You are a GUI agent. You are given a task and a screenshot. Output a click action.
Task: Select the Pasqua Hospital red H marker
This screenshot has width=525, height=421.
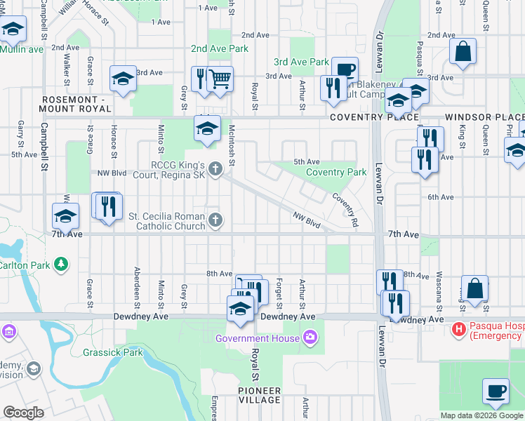pos(459,328)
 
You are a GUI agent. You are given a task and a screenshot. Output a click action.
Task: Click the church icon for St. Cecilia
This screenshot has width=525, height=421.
pos(215,221)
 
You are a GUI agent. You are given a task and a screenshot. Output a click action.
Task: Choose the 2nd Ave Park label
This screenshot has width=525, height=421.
pos(220,49)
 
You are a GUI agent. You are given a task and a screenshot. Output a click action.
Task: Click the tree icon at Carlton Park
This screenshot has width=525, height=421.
pos(62,264)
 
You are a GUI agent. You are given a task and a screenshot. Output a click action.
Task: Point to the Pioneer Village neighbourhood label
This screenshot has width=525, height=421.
pos(258,395)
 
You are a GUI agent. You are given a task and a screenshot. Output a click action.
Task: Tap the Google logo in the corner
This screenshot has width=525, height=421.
pos(23,413)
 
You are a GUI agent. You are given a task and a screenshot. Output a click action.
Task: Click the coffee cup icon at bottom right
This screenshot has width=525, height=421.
pos(496,390)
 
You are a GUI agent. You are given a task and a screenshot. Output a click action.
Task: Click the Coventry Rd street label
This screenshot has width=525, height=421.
pos(345,208)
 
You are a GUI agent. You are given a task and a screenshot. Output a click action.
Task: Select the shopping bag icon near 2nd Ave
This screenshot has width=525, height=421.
pos(463,51)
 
